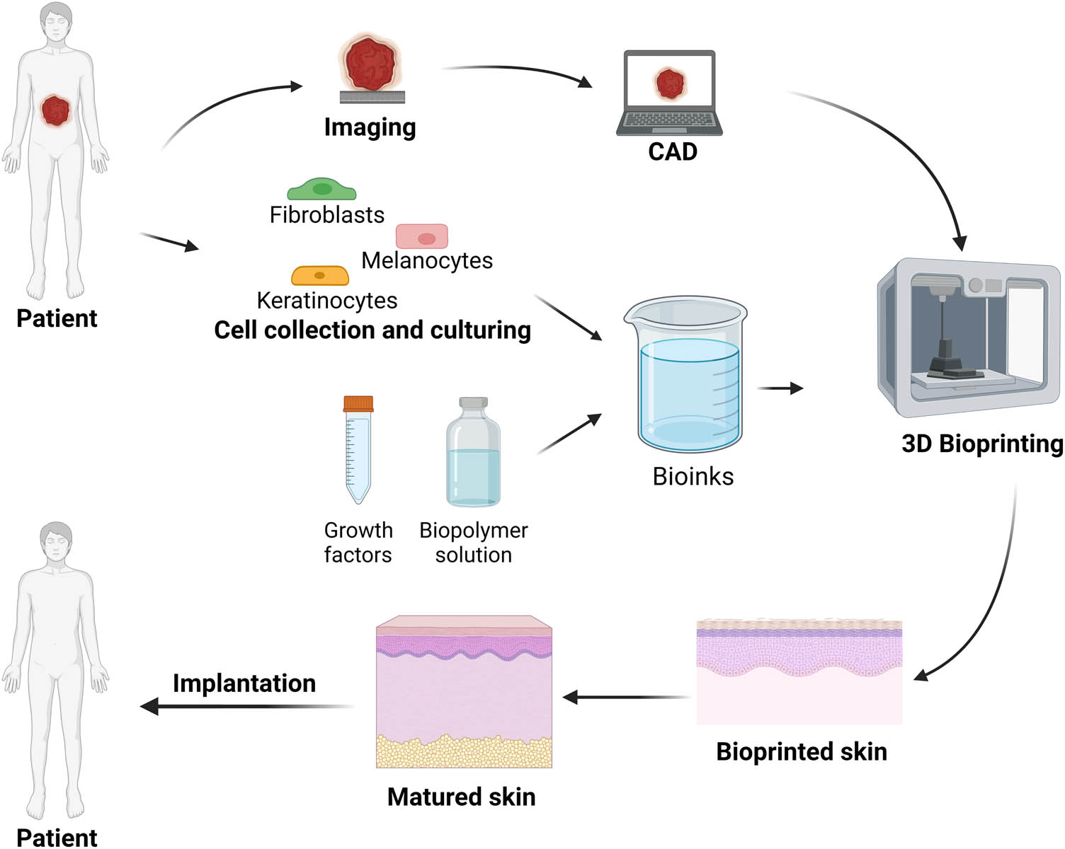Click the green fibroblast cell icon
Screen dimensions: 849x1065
(x=321, y=190)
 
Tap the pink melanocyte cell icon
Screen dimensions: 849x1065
(x=422, y=237)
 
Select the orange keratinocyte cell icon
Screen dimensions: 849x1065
(x=320, y=275)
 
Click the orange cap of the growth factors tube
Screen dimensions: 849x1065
(x=358, y=404)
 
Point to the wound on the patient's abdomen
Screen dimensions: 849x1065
(x=55, y=111)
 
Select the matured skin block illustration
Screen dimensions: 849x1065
(x=464, y=692)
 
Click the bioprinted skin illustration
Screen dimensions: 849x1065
(x=799, y=672)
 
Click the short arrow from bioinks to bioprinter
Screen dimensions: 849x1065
(x=780, y=388)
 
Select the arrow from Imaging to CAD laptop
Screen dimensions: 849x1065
(x=517, y=71)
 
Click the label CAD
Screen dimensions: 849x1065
(x=673, y=152)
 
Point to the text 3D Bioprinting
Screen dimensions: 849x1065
(x=981, y=444)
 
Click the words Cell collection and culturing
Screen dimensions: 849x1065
(x=372, y=330)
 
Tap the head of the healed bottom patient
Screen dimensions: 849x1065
(x=56, y=543)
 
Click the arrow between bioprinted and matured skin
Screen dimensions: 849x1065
(x=627, y=698)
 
